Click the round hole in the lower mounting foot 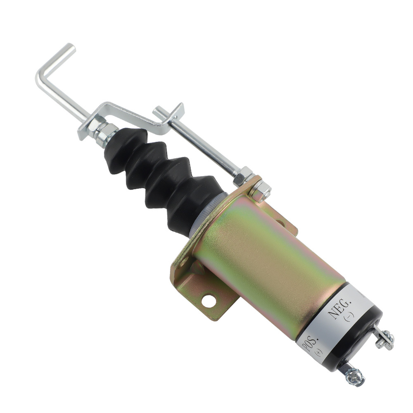point(209,301)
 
